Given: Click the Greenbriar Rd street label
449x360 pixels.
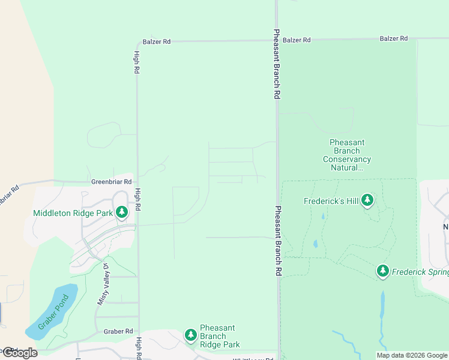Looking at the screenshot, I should pos(111,181).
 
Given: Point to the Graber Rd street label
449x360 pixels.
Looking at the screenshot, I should pos(118,331).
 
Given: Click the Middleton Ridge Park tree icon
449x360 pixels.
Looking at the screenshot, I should pos(122,212).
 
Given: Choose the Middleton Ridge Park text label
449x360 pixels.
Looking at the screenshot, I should pos(73,212).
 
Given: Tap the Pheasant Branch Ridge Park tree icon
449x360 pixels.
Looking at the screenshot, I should pos(191,335).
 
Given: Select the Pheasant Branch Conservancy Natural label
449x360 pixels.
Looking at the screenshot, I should pos(347,155).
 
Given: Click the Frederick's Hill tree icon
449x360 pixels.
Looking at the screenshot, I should pos(367,201).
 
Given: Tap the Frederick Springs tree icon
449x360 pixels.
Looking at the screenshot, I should pos(383,271).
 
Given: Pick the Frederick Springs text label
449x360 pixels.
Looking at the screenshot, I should pos(420,272).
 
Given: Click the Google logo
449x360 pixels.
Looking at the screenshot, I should pos(20,353).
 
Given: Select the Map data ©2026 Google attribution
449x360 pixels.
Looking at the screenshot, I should pos(412,355).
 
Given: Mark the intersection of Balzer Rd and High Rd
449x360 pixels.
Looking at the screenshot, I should pos(137,42).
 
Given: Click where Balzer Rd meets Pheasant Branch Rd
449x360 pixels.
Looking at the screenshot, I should pos(277,40).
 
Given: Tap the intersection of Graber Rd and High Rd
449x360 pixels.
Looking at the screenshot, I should pos(138,331).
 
